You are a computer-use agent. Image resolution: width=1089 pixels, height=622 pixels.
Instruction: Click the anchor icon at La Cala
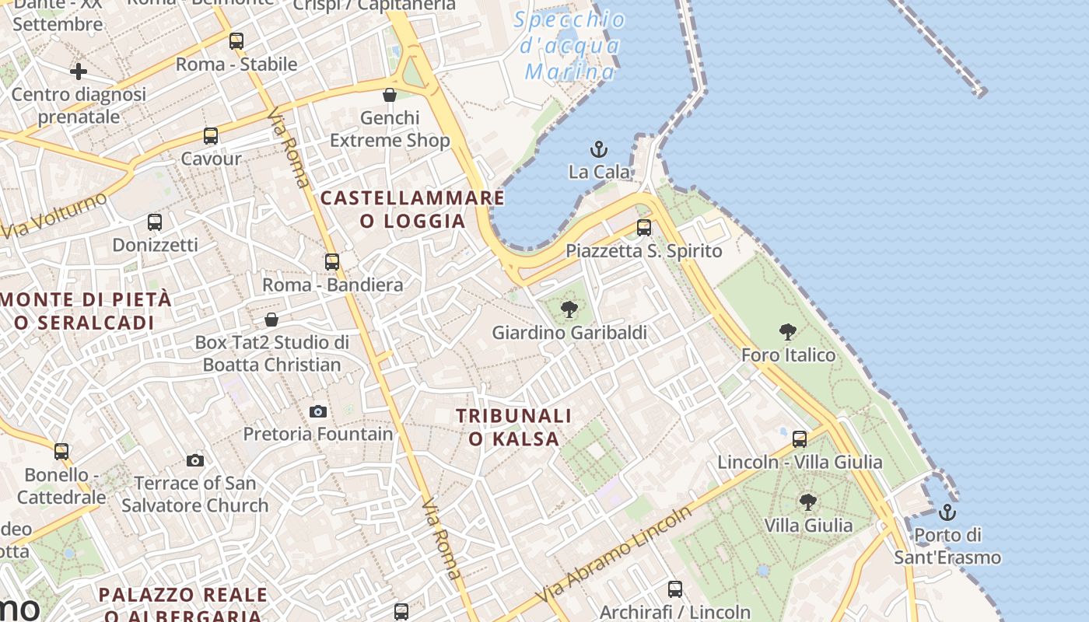point(599,149)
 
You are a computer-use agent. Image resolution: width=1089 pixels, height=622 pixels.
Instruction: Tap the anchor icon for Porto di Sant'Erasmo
point(947,512)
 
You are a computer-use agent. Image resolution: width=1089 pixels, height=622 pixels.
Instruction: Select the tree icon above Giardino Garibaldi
point(569,309)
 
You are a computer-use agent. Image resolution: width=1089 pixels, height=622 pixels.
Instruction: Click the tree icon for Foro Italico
point(788,332)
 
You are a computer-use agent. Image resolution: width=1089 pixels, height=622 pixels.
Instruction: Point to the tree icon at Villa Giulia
point(808,502)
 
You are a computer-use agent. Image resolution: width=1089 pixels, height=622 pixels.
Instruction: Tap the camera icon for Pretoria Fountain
point(318,411)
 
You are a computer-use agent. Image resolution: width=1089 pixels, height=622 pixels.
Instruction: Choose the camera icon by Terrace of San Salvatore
point(195,460)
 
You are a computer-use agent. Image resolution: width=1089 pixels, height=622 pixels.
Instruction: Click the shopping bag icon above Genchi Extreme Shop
point(390,95)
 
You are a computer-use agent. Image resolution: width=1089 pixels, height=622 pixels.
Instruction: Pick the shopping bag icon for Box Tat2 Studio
point(271,320)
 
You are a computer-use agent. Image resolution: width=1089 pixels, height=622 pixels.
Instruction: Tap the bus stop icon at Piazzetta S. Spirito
point(644,228)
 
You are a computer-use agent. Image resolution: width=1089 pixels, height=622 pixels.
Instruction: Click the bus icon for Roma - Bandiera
point(332,262)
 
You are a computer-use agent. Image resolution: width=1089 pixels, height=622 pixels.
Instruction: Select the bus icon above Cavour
point(211,136)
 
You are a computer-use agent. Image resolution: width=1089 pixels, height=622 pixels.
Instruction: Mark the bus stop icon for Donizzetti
point(155,222)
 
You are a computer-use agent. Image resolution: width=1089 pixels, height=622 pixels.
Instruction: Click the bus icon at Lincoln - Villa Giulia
point(800,439)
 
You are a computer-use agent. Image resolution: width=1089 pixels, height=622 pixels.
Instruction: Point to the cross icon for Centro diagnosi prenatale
point(79,72)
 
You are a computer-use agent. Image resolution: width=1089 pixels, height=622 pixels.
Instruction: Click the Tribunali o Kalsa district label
point(514,428)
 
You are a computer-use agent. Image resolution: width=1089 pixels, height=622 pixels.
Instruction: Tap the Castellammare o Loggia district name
point(413,209)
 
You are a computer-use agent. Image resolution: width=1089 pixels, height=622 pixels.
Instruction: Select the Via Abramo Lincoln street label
point(615,554)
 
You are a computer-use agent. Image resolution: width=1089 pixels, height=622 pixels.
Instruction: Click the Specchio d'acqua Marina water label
point(569,46)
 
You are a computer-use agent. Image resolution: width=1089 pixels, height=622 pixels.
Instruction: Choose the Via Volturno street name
point(54,215)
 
